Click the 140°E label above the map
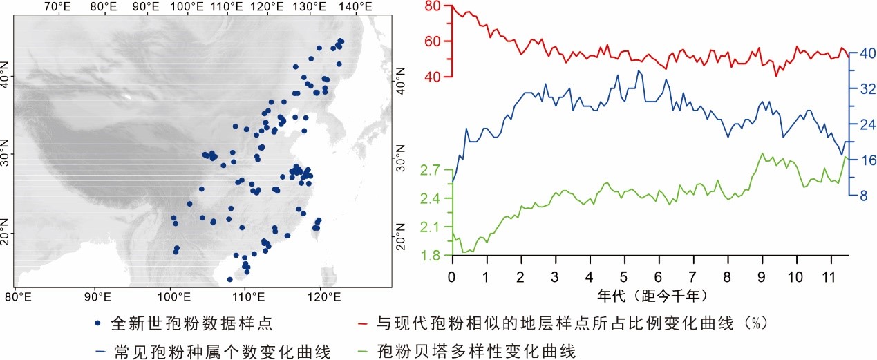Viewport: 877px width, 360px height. coord(356,8)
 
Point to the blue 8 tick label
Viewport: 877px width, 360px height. coord(862,196)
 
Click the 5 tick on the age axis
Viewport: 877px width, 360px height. coord(624,276)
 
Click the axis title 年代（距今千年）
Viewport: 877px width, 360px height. coord(643,296)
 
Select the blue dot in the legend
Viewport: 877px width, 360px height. coord(98,322)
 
